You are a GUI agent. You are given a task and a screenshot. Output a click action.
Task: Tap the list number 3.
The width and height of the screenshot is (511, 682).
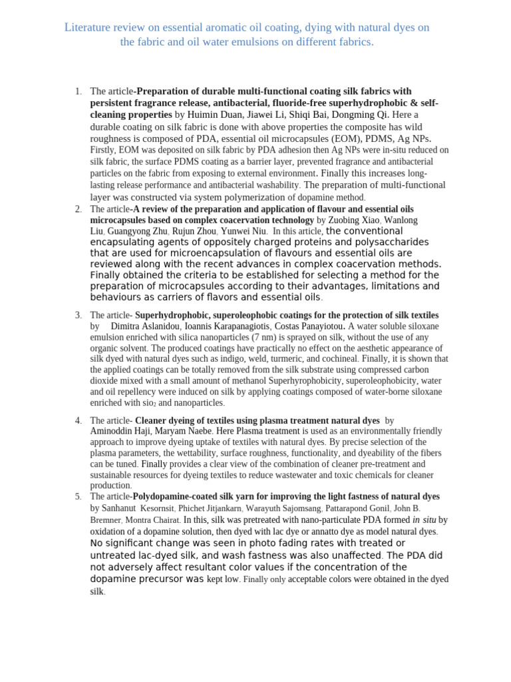(78, 315)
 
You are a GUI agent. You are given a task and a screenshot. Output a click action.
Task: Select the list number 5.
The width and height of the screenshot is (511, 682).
(78, 497)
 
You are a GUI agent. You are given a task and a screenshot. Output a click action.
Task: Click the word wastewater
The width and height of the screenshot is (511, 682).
(312, 475)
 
